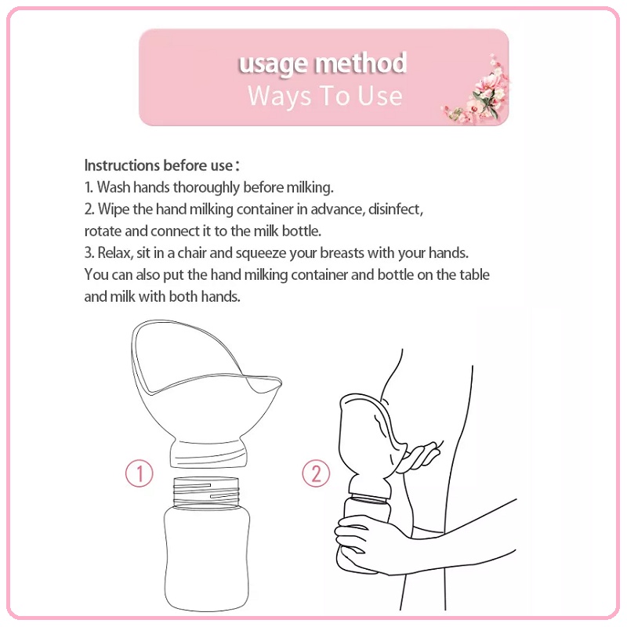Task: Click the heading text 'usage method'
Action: [x=323, y=63]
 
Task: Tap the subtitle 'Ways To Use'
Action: [x=324, y=96]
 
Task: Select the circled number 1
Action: [x=139, y=473]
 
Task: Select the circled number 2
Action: [x=316, y=473]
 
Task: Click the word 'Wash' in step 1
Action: [x=111, y=187]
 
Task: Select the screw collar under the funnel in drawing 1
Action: [x=205, y=452]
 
